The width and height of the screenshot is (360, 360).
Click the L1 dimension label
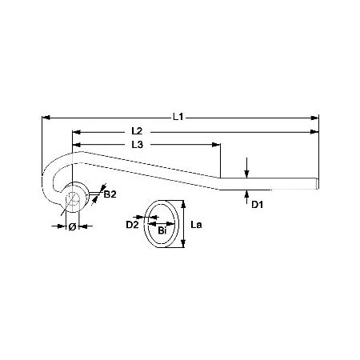pyautogui.click(x=178, y=117)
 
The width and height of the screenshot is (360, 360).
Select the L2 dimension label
pyautogui.click(x=138, y=131)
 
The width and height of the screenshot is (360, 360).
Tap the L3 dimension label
pyautogui.click(x=138, y=145)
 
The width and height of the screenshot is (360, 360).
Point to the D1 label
pyautogui.click(x=258, y=205)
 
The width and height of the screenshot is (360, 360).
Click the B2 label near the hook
pyautogui.click(x=110, y=194)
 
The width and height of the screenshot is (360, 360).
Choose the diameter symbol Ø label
pyautogui.click(x=72, y=226)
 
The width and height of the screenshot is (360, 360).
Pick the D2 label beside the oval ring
pyautogui.click(x=133, y=225)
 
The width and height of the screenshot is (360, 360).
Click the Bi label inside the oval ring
pyautogui.click(x=162, y=230)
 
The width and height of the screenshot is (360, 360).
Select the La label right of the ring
pyautogui.click(x=196, y=225)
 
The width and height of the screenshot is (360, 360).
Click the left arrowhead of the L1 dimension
pyautogui.click(x=46, y=118)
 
